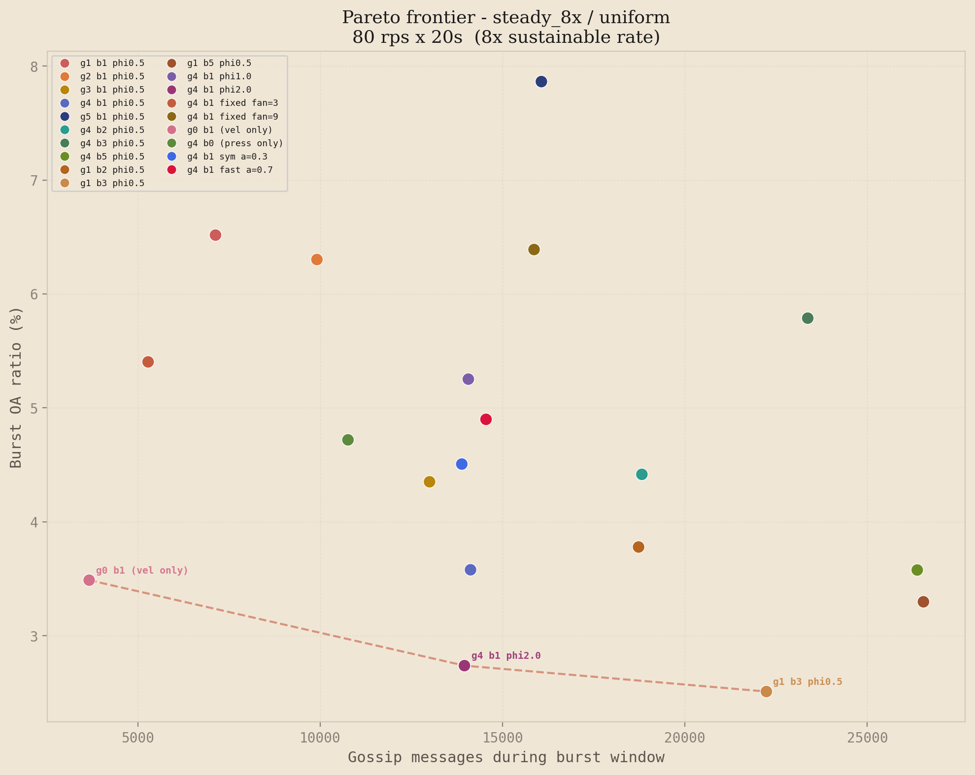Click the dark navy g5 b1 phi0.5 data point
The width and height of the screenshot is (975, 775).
(541, 82)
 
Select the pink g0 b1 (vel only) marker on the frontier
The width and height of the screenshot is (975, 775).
(89, 580)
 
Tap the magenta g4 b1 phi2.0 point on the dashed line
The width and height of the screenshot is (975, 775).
(464, 666)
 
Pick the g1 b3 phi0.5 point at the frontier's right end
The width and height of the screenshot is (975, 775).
(766, 691)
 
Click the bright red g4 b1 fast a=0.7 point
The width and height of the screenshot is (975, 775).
(486, 420)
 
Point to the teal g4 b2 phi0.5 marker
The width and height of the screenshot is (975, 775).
(641, 474)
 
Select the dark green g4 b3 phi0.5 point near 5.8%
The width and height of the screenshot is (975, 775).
(807, 318)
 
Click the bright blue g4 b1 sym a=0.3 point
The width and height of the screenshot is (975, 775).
(462, 464)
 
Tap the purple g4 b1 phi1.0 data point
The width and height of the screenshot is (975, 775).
(468, 379)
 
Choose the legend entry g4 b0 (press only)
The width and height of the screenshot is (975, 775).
(235, 143)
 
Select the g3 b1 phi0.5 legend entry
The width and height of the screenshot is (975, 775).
(112, 90)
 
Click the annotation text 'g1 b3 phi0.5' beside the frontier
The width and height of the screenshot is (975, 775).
(807, 682)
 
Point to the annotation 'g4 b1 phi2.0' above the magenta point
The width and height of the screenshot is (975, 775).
(505, 656)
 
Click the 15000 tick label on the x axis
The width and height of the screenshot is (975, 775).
(502, 738)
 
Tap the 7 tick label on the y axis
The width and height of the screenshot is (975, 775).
(34, 180)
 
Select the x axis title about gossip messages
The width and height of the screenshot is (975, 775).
(506, 757)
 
